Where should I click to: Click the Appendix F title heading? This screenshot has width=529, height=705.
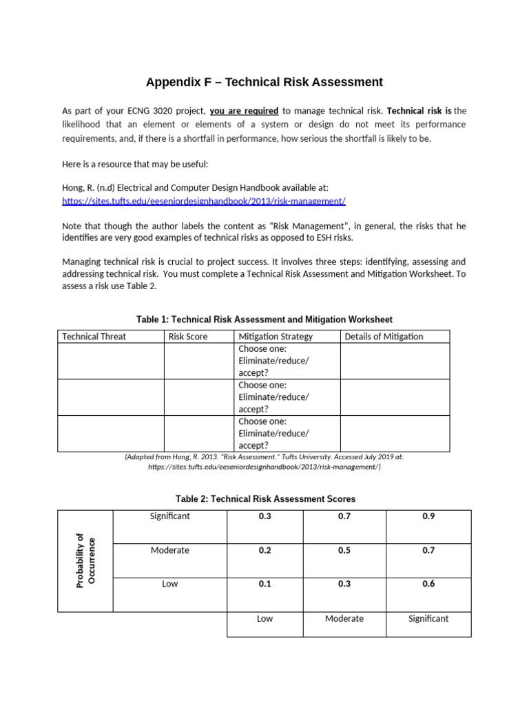pos(264,83)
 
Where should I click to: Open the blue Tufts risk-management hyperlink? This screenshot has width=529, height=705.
pos(203,201)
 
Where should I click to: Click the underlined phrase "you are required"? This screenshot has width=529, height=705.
pos(244,111)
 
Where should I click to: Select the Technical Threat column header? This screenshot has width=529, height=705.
pos(94,337)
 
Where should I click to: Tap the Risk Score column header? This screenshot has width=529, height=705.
pos(188,337)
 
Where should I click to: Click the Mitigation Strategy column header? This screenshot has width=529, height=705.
pos(276,337)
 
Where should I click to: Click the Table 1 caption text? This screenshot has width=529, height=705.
pos(264,319)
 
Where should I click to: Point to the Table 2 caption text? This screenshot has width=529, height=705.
pos(264,498)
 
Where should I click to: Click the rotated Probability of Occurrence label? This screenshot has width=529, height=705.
pos(86,560)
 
